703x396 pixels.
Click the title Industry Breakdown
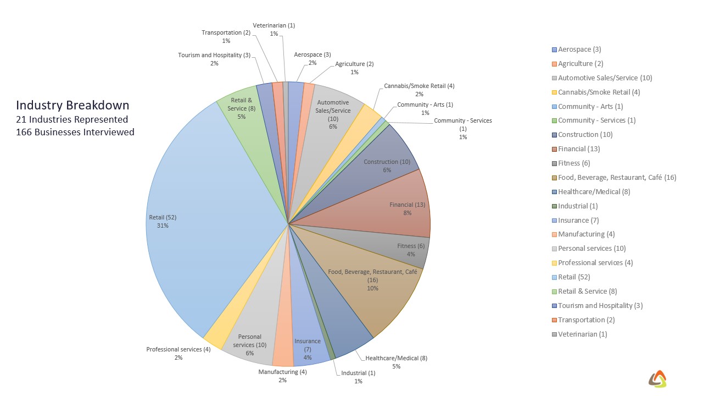click(x=72, y=105)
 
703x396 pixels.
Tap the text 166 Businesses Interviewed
click(x=75, y=132)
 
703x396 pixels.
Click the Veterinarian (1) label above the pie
click(x=274, y=25)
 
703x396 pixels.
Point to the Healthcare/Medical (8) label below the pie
click(x=396, y=358)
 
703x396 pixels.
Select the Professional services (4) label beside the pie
click(x=178, y=349)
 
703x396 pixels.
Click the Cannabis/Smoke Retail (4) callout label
click(x=419, y=86)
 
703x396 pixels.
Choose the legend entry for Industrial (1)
click(x=578, y=206)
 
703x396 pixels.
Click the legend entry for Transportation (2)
click(x=586, y=320)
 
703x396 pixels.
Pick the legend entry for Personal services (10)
click(x=592, y=249)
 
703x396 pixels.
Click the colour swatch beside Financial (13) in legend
click(x=554, y=149)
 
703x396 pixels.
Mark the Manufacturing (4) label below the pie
click(x=282, y=372)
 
